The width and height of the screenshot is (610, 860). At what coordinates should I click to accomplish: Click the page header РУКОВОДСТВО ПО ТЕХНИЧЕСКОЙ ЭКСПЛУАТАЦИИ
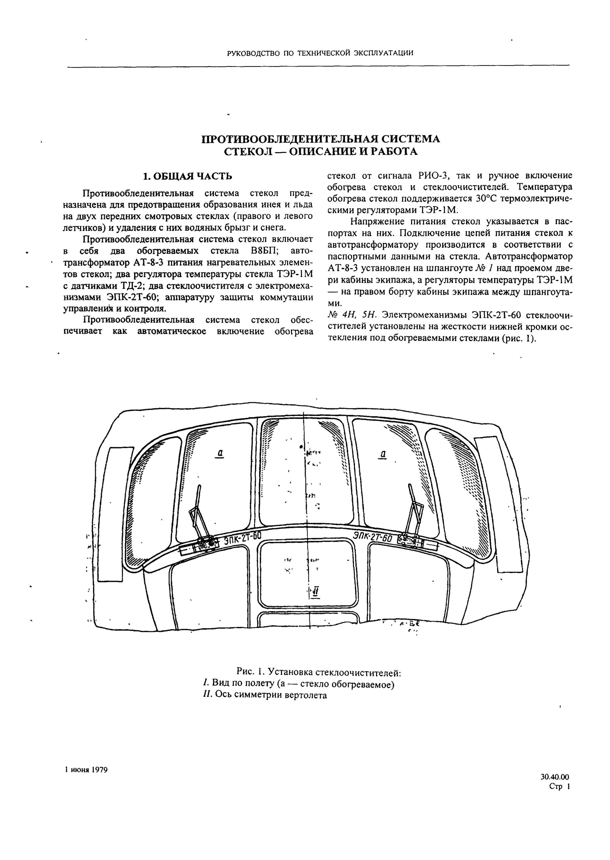320,53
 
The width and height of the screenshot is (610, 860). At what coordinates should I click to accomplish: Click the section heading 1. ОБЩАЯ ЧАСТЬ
188,176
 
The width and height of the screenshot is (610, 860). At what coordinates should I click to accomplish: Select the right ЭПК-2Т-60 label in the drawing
372,537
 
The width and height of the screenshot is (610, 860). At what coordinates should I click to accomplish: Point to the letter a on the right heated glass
383,454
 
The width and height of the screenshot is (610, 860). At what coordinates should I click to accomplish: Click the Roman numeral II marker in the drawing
316,593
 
